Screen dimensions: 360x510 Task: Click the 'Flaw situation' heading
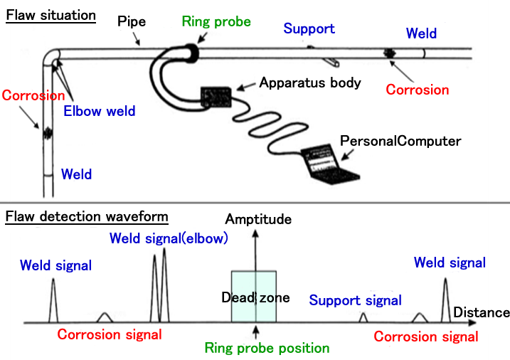[51, 15]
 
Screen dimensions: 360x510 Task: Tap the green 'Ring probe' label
[216, 22]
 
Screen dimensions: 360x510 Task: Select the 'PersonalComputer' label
[400, 141]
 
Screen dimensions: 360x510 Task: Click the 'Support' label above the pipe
[309, 29]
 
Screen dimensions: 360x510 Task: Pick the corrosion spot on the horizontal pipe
[390, 53]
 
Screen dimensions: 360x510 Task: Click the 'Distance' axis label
[481, 312]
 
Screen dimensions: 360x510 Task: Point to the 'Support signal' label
[355, 300]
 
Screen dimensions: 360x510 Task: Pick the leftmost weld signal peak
[53, 299]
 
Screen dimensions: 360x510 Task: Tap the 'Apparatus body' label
[310, 83]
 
